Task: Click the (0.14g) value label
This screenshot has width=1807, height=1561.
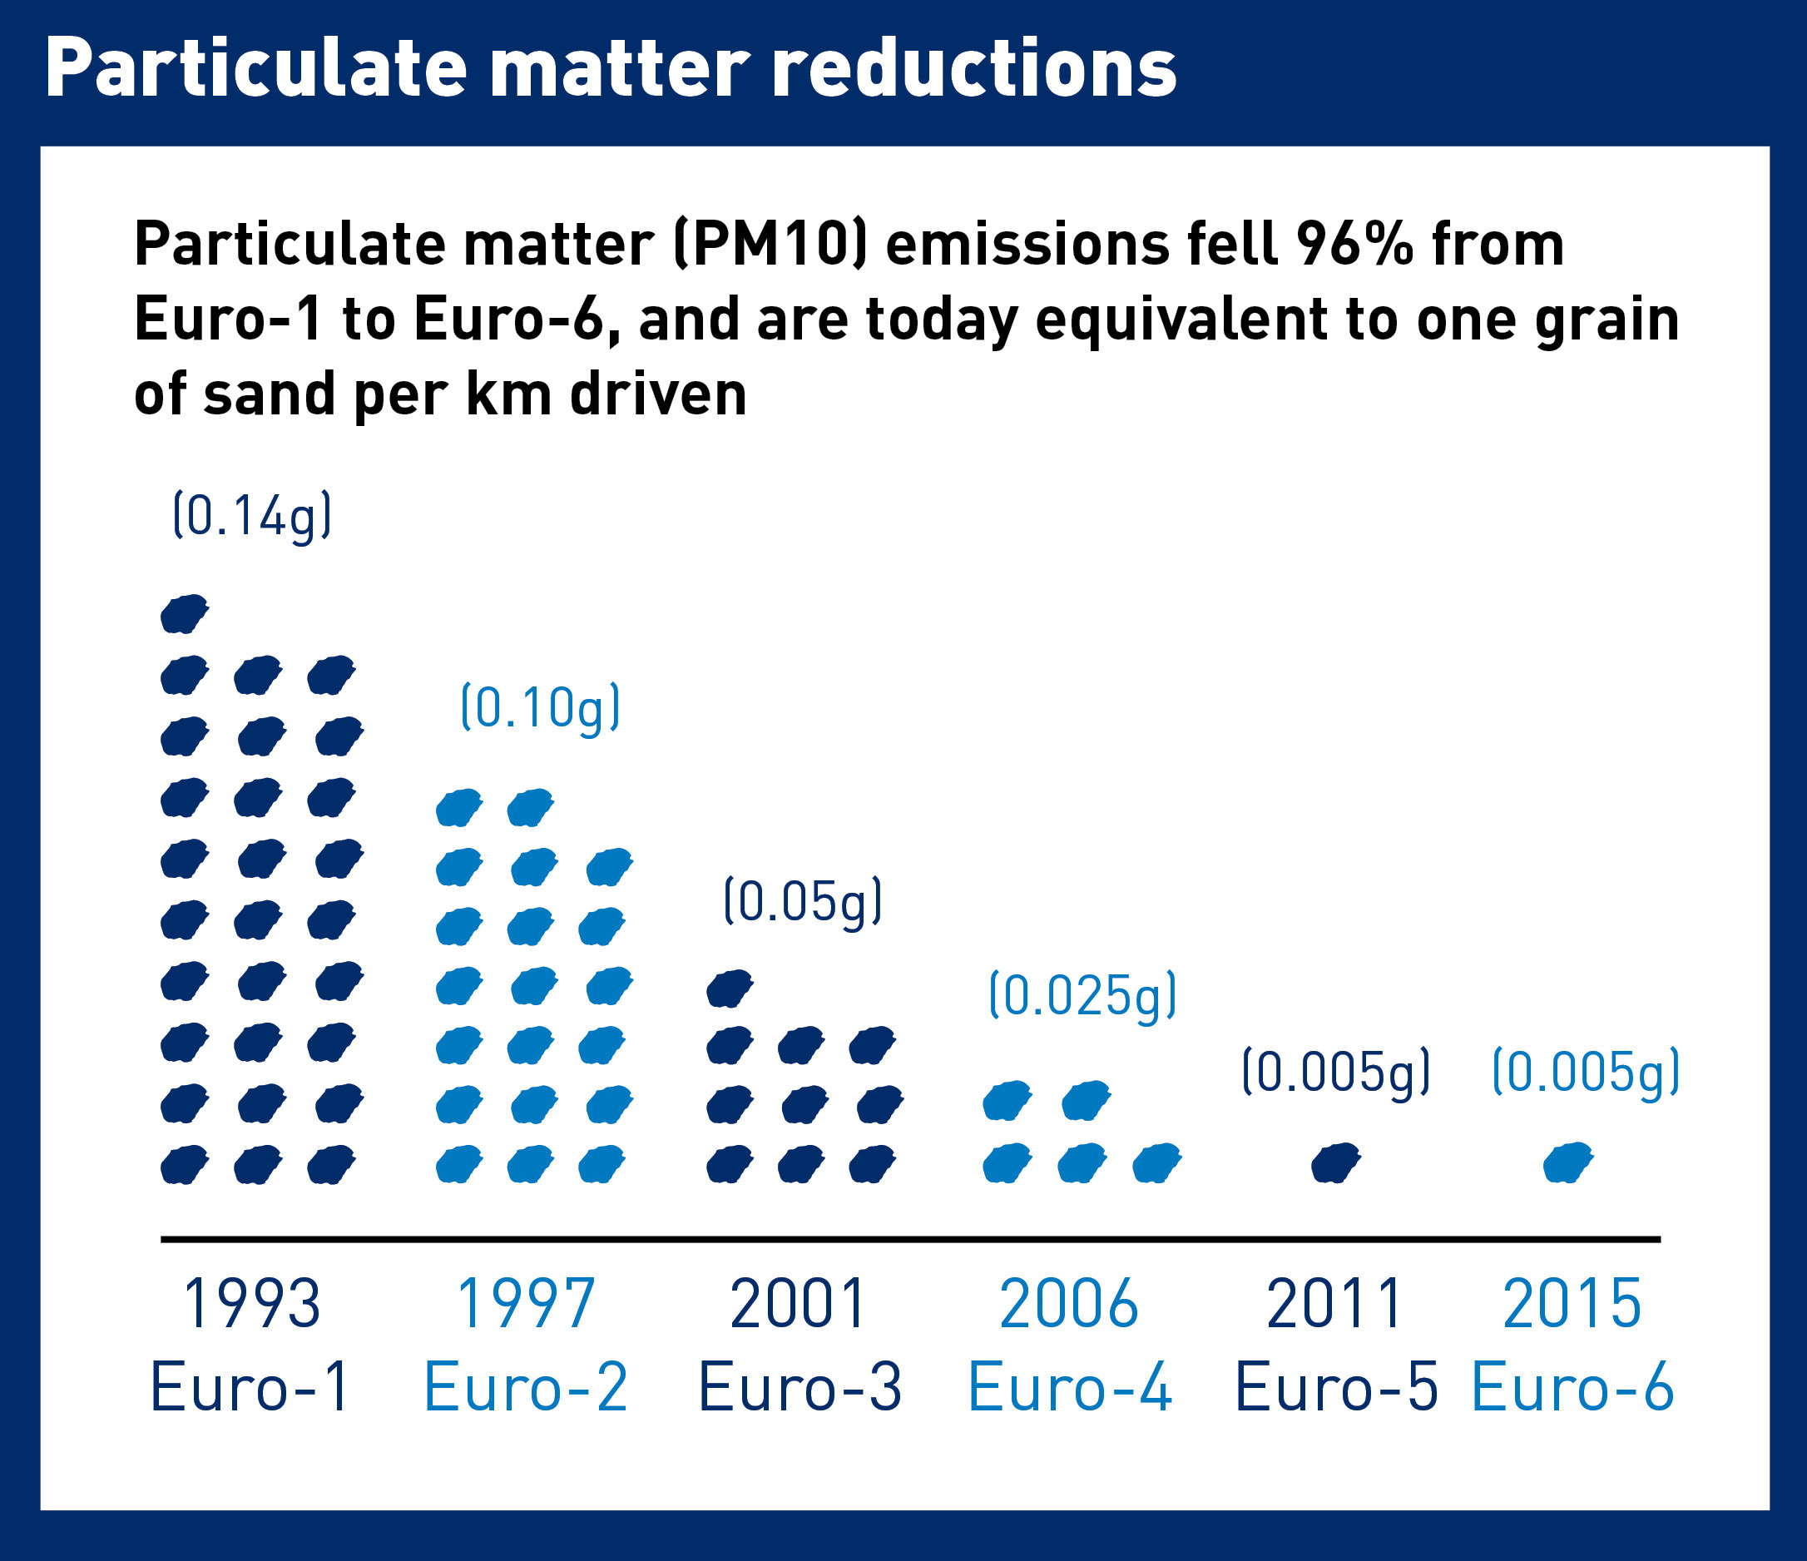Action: click(252, 516)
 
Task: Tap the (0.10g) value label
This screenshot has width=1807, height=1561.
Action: click(540, 707)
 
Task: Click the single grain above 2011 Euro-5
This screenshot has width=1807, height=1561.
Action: click(1335, 1162)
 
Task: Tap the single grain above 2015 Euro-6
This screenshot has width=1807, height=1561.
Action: click(1568, 1162)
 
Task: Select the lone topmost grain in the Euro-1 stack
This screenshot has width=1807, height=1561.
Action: click(184, 614)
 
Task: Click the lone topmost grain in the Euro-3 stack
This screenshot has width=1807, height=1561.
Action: click(729, 988)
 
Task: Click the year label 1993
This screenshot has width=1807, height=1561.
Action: click(251, 1305)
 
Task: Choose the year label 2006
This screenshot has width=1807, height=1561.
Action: click(1068, 1305)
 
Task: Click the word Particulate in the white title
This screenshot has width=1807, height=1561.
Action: click(255, 70)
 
